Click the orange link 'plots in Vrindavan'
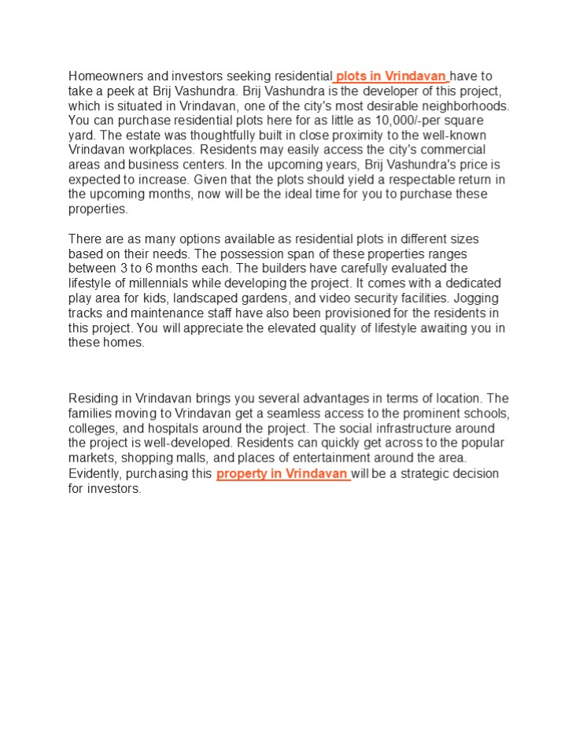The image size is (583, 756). coord(391,76)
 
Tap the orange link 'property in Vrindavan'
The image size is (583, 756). coord(282,474)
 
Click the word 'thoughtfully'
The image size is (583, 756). coord(214,135)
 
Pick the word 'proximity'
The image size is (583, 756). coord(360,135)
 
